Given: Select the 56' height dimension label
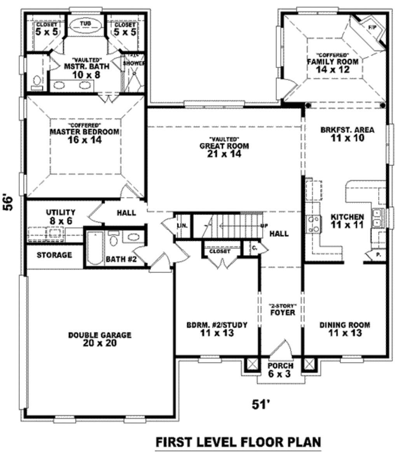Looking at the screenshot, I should [x=9, y=202].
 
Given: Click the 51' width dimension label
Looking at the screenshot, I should [x=261, y=405].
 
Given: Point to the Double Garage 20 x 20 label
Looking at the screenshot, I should [x=100, y=339].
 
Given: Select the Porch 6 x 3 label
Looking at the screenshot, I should [x=280, y=369].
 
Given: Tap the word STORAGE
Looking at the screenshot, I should [x=54, y=255].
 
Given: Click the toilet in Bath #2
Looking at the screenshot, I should [x=113, y=240].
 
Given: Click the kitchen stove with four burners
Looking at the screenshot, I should [x=314, y=224].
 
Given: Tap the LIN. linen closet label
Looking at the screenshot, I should [x=181, y=226].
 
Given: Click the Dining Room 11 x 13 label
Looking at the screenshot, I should [x=344, y=329].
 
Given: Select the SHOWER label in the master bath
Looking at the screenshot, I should [x=134, y=63].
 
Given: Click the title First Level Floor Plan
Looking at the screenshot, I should [x=238, y=442].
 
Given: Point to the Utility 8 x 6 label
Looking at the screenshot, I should [x=60, y=216].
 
